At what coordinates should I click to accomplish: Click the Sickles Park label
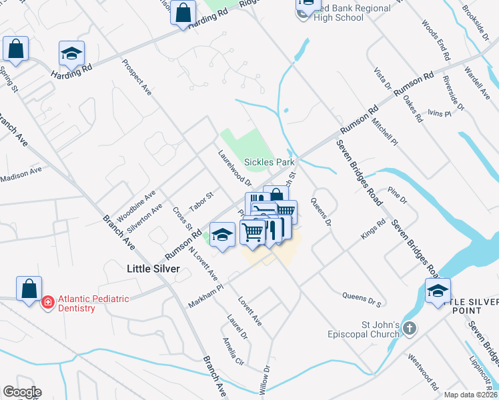pos(269,162)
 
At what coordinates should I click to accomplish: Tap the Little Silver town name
pos(154,268)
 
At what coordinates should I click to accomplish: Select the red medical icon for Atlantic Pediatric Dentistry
pos(48,303)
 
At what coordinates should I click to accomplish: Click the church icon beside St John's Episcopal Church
pos(410,329)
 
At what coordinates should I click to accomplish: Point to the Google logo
pos(22,392)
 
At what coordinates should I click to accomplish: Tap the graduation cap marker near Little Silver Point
pos(438,291)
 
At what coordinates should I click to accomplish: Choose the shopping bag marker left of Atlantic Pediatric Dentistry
pos(29,289)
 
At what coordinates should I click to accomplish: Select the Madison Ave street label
pos(21,175)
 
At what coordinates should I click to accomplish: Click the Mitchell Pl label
pos(385,133)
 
